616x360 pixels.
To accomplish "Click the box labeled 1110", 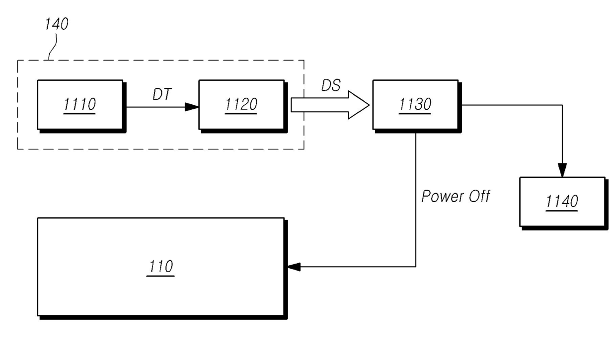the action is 81,106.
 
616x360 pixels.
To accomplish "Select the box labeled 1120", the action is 243,106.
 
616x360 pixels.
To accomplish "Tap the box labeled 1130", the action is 417,106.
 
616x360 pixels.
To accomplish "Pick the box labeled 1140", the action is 564,204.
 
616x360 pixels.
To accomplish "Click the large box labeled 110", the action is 162,269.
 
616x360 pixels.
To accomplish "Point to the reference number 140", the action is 57,24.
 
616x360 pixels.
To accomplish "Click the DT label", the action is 162,94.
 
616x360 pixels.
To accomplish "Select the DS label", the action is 331,85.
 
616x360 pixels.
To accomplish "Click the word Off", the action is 479,196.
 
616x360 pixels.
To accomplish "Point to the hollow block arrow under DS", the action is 330,105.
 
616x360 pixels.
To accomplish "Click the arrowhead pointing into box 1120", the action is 192,107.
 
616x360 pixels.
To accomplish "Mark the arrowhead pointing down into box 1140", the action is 562,170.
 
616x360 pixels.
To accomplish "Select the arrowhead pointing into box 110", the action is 294,267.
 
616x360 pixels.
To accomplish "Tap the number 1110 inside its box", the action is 80,104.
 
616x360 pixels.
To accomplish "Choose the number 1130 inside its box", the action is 415,104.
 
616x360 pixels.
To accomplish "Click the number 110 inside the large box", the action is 161,267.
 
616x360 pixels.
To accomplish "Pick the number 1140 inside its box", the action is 562,202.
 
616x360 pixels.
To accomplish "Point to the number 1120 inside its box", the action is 241,104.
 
